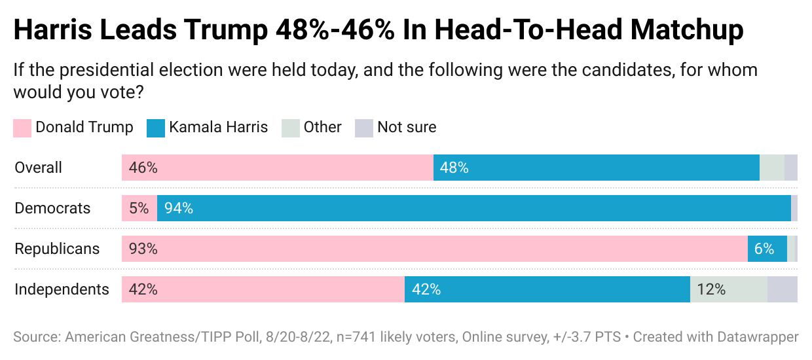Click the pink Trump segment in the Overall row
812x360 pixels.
tap(277, 168)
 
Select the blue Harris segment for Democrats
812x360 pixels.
tap(474, 208)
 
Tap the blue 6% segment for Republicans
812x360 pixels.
tap(767, 249)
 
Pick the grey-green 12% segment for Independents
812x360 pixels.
tap(728, 289)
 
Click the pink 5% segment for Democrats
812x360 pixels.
tap(139, 208)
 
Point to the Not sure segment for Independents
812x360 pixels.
tap(782, 289)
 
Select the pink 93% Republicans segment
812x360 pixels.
tap(434, 249)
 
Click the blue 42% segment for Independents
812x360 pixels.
tap(547, 289)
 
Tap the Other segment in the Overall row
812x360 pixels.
tap(771, 168)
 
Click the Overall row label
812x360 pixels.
tap(38, 168)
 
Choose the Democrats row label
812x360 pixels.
tap(52, 209)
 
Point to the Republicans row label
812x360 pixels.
tap(57, 249)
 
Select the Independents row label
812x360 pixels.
tap(62, 289)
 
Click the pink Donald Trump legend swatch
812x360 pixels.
tap(22, 128)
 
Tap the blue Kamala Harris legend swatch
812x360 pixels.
tap(156, 128)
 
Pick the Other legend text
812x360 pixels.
tap(322, 127)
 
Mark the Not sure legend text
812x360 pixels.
tap(406, 127)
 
